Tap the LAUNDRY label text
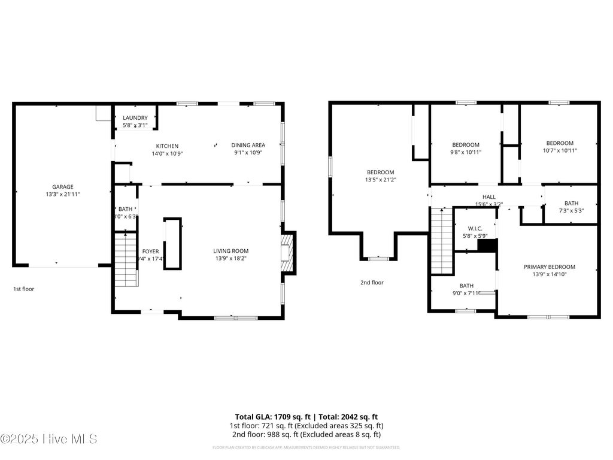135,118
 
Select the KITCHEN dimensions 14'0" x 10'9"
167,153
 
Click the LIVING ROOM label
230,251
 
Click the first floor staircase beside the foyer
126,259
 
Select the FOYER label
150,252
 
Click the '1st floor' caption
24,289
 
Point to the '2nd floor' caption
372,282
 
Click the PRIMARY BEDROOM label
549,267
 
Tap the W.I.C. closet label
475,228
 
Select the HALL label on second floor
488,196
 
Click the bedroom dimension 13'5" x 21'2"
380,179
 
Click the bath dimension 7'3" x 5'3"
571,210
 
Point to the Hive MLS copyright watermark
49,439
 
